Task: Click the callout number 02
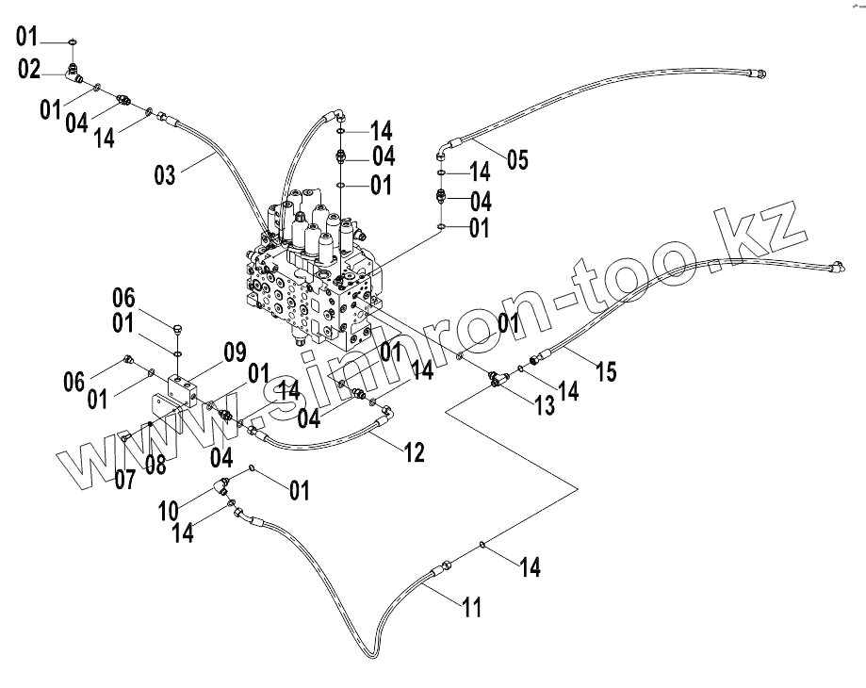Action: pyautogui.click(x=29, y=68)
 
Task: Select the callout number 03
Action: pyautogui.click(x=166, y=175)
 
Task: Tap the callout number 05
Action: pyautogui.click(x=517, y=159)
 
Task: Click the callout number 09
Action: pyautogui.click(x=234, y=353)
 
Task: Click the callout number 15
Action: pyautogui.click(x=605, y=370)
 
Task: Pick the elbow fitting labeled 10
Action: pyautogui.click(x=223, y=487)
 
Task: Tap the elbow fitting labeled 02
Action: pyautogui.click(x=75, y=71)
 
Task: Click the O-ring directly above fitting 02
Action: pyautogui.click(x=73, y=41)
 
